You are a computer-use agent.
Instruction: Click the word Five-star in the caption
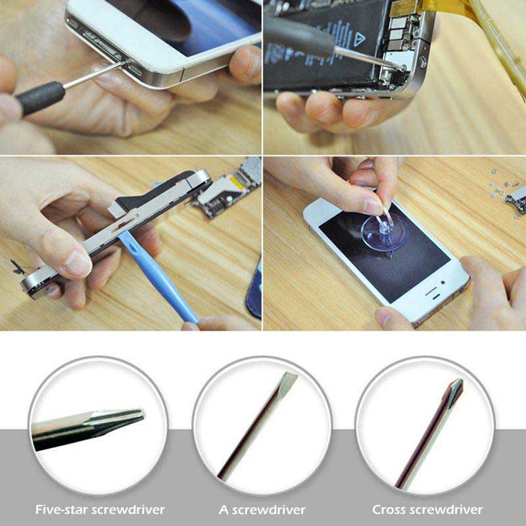coord(62,510)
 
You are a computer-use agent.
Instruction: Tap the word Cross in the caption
coord(389,510)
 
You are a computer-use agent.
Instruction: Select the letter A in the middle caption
coord(223,510)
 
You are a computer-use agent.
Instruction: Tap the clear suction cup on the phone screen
coord(385,232)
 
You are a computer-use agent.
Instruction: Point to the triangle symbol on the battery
coord(358,39)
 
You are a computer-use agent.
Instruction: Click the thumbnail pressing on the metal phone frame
coord(77,264)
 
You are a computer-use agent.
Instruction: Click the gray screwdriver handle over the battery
coord(300,37)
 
